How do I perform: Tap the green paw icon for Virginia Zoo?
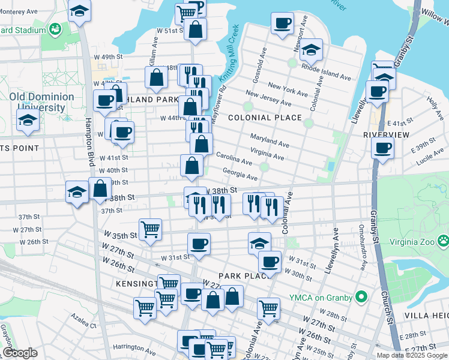(443, 241)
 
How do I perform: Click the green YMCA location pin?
(361, 296)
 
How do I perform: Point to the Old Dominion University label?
(41, 102)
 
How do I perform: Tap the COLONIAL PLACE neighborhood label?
(264, 118)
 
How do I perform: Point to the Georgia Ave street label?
(240, 174)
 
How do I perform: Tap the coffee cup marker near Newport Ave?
(282, 24)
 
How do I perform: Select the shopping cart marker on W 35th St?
(149, 228)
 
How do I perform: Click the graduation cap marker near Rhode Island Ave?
(311, 50)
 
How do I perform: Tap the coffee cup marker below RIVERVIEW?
(382, 148)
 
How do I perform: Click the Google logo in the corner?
(20, 353)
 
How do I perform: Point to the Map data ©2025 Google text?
(411, 355)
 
